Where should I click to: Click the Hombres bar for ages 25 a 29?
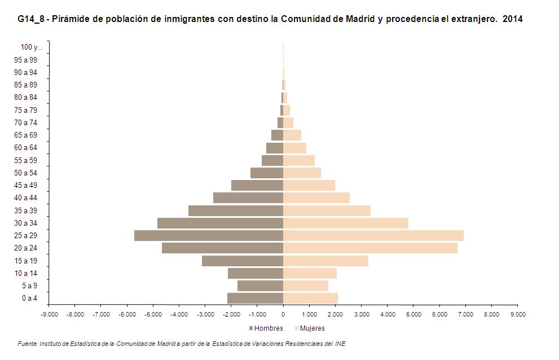click(209, 235)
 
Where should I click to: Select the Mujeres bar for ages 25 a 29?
click(373, 235)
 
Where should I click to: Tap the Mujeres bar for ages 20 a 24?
click(370, 248)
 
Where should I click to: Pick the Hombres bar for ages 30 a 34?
click(220, 223)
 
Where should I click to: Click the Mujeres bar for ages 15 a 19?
click(325, 261)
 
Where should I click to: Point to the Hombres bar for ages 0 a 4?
click(255, 298)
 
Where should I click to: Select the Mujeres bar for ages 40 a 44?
click(316, 197)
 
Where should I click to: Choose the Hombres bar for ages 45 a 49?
click(257, 185)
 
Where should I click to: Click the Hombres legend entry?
click(265, 328)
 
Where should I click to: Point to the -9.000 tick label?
click(49, 315)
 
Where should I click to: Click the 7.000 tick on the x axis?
click(465, 315)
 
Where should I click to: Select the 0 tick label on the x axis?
click(283, 315)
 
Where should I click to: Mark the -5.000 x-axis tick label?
click(153, 315)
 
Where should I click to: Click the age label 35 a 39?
click(27, 210)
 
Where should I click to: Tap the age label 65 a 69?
click(27, 135)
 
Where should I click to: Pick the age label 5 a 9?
click(29, 286)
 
